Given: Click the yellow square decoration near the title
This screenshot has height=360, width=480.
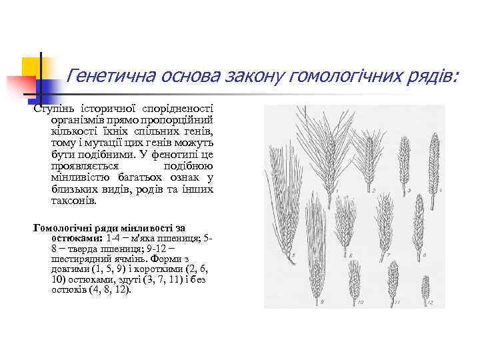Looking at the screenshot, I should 32,67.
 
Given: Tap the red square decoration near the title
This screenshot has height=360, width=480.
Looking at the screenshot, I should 20,87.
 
